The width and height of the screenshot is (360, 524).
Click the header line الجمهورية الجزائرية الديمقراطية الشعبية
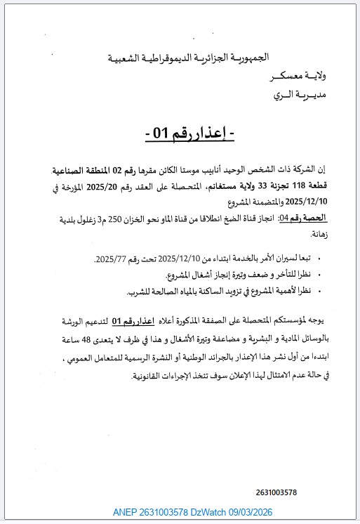(225, 57)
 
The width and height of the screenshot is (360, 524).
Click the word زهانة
(323, 237)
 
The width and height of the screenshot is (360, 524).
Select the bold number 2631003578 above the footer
(276, 492)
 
